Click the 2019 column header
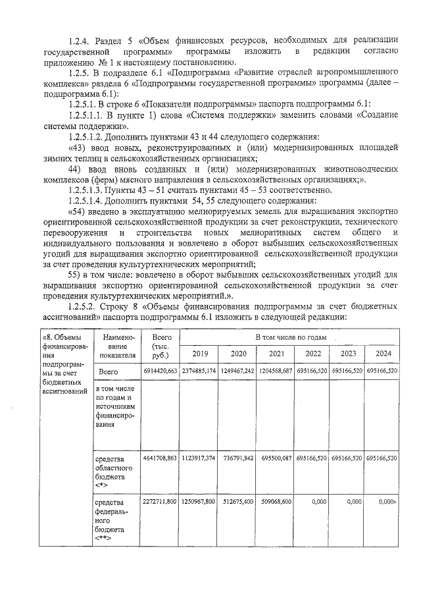click(x=199, y=353)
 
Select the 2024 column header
click(x=383, y=353)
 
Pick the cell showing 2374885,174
click(x=199, y=371)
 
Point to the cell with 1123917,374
click(x=199, y=457)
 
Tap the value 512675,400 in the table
click(x=237, y=502)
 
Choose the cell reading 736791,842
click(x=237, y=457)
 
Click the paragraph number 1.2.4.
click(x=82, y=41)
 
